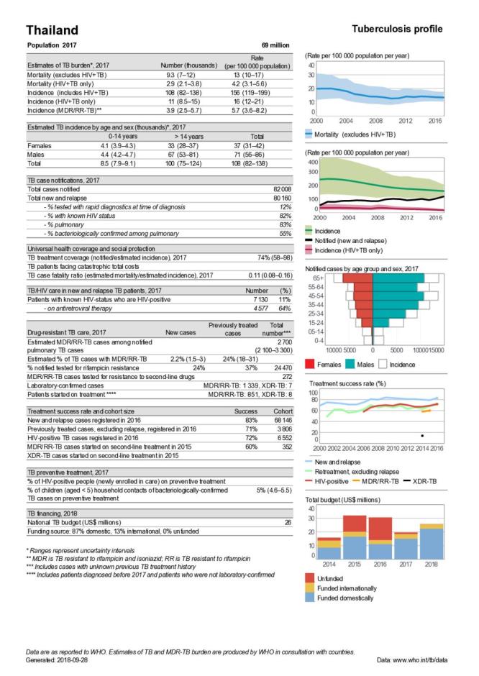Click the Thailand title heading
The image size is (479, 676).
[x=53, y=30]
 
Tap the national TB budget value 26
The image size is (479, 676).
[x=287, y=522]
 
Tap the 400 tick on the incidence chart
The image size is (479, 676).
[x=311, y=163]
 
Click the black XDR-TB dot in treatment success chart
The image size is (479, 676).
[x=421, y=436]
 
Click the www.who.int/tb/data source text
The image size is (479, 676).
[x=432, y=659]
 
